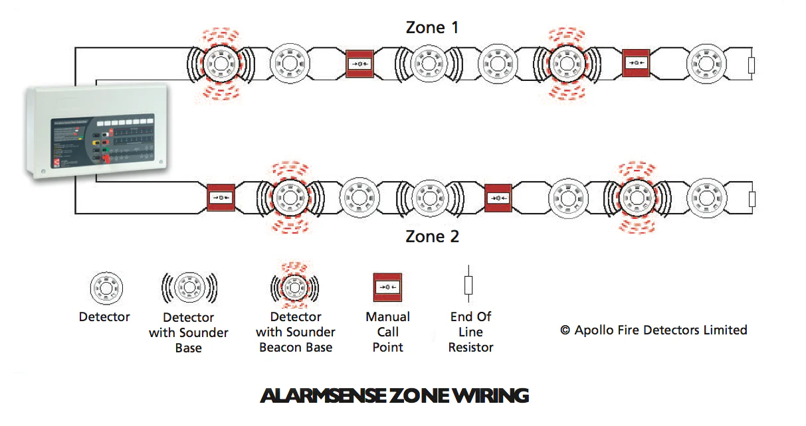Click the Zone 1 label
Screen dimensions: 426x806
tap(433, 28)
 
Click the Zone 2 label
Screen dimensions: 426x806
tap(433, 236)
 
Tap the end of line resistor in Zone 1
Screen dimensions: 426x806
tap(752, 64)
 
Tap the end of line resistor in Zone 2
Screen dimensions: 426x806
tap(752, 198)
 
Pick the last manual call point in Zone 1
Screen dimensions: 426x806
tap(636, 64)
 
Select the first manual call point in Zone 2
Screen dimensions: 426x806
tap(221, 198)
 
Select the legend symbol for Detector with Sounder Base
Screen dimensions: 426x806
tap(188, 288)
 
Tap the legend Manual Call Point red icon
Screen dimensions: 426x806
tap(387, 287)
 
